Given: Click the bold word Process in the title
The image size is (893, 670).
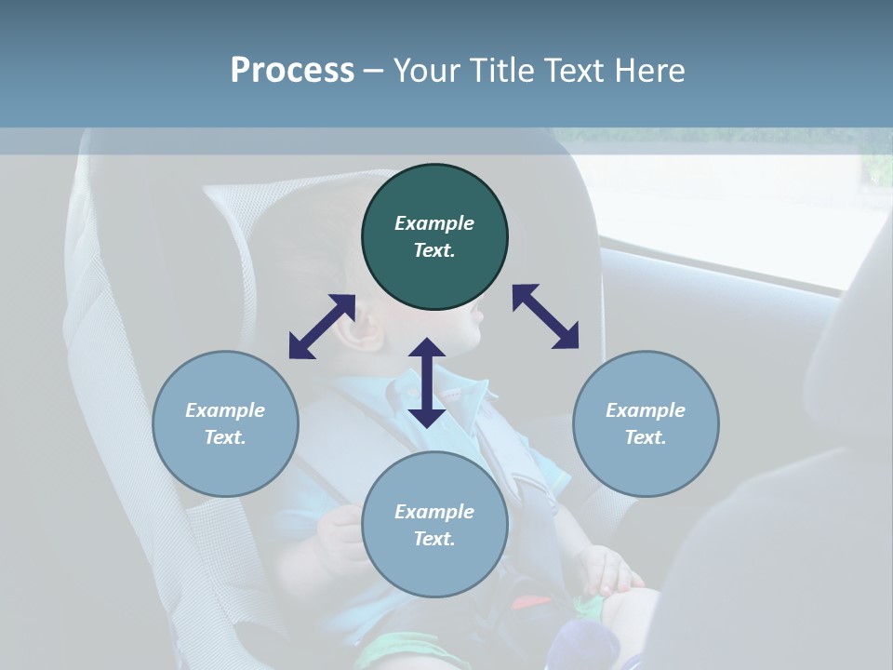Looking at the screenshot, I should [292, 70].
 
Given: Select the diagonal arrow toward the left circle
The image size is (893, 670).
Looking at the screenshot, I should [322, 327].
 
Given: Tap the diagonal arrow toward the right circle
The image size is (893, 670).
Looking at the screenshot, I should [546, 316].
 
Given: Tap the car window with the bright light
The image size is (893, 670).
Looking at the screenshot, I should [744, 214].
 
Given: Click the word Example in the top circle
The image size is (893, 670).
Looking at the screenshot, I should [434, 223].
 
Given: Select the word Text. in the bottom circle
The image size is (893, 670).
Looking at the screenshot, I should [434, 539].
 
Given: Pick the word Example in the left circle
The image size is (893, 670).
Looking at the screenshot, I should [225, 410].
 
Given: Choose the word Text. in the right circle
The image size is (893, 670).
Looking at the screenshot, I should [646, 437].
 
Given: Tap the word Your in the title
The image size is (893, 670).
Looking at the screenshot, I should [424, 70].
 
